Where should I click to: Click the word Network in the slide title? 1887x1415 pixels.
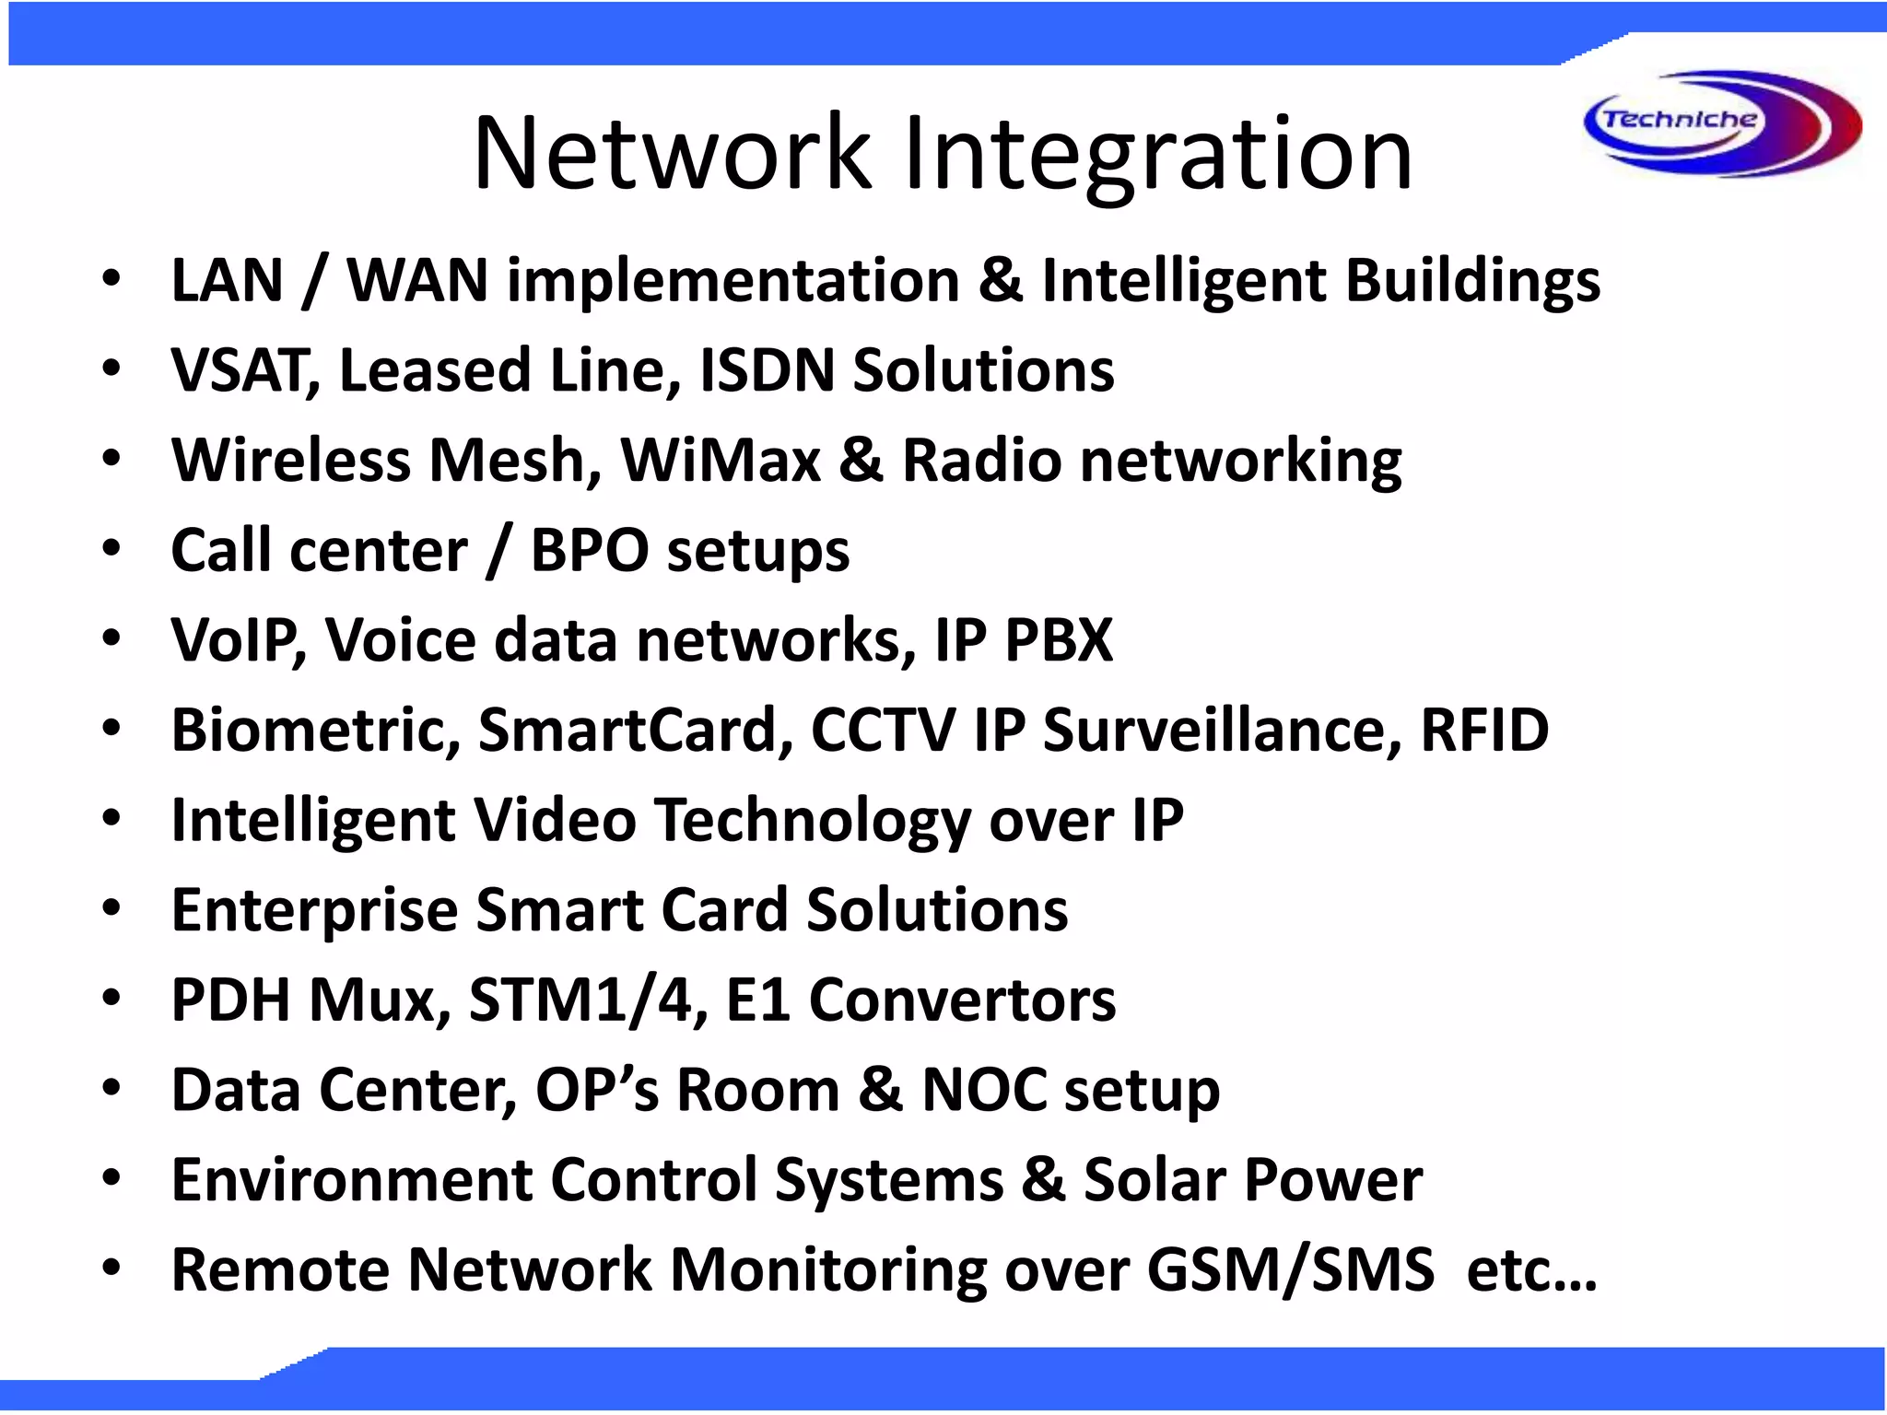point(671,153)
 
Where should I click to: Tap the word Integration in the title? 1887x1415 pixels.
point(1157,153)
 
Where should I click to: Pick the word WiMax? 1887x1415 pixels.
point(721,460)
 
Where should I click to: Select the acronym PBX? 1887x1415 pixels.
point(1059,640)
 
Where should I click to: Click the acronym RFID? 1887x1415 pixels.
point(1484,730)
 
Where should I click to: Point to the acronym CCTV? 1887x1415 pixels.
point(883,730)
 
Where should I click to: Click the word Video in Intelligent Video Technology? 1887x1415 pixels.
point(555,820)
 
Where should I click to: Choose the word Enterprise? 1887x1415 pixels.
point(314,910)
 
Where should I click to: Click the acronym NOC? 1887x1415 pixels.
point(983,1090)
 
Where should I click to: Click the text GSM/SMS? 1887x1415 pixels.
point(1290,1269)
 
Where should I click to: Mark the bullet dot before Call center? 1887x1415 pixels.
point(111,549)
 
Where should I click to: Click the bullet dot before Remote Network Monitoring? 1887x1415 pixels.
point(111,1268)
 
